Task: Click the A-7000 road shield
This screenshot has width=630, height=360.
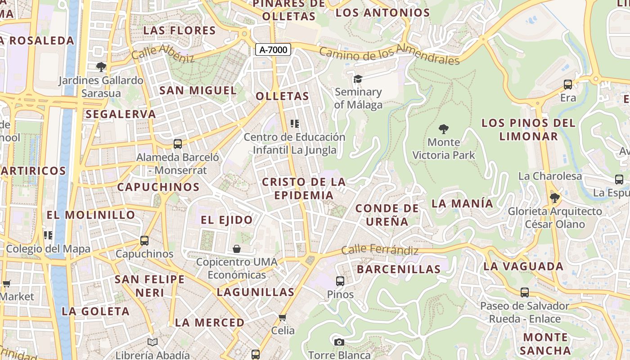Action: (273, 49)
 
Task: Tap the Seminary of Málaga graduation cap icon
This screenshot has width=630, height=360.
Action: (358, 79)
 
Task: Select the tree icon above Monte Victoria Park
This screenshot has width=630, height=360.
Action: (444, 129)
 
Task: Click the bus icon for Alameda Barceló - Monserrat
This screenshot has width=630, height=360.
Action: (178, 144)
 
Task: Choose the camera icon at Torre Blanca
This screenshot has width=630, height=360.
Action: (339, 342)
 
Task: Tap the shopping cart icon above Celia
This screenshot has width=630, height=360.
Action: (283, 318)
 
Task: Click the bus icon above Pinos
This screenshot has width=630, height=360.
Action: (340, 281)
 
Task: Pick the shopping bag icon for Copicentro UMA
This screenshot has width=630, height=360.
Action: (237, 248)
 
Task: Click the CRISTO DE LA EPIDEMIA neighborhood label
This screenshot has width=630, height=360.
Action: (304, 189)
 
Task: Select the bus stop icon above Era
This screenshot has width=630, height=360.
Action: (568, 84)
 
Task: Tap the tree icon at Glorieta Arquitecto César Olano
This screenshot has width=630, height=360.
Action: (555, 198)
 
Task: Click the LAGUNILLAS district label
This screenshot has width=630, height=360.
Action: (256, 292)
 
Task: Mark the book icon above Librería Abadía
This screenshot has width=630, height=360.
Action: (153, 342)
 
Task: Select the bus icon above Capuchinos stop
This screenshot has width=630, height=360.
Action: (144, 241)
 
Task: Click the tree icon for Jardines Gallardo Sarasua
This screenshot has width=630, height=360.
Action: (101, 67)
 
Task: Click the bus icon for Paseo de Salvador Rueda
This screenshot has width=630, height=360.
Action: (525, 292)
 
